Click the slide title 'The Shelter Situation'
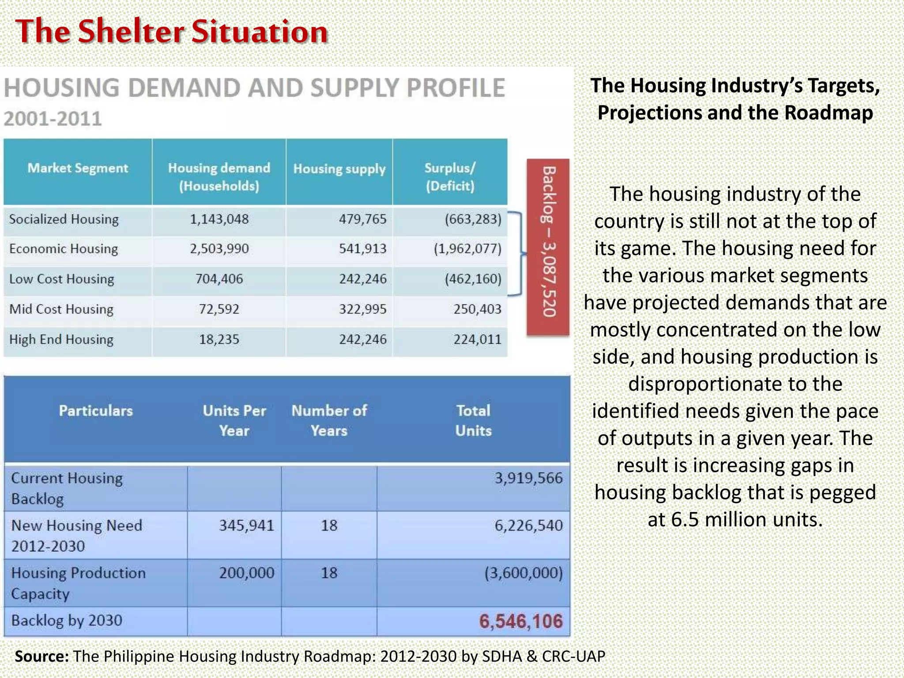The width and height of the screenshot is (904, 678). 171,31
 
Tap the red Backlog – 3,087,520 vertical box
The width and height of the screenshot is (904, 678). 548,247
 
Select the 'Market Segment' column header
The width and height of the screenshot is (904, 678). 78,168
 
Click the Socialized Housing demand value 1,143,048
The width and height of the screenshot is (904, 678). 219,219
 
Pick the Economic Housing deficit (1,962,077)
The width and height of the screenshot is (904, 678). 467,249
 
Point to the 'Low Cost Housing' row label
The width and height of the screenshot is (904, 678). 62,279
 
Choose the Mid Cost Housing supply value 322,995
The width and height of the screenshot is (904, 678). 362,309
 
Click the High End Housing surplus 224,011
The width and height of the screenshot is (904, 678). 478,339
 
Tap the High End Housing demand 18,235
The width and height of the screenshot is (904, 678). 219,339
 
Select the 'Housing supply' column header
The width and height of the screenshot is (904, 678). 339,169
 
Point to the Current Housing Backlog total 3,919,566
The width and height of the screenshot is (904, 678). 529,478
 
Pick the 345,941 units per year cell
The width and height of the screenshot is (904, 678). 247,525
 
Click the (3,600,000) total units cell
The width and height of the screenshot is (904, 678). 524,573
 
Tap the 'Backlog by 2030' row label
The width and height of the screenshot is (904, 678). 67,621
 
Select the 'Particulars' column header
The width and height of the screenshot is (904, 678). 96,411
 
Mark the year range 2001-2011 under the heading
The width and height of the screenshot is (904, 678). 53,119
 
